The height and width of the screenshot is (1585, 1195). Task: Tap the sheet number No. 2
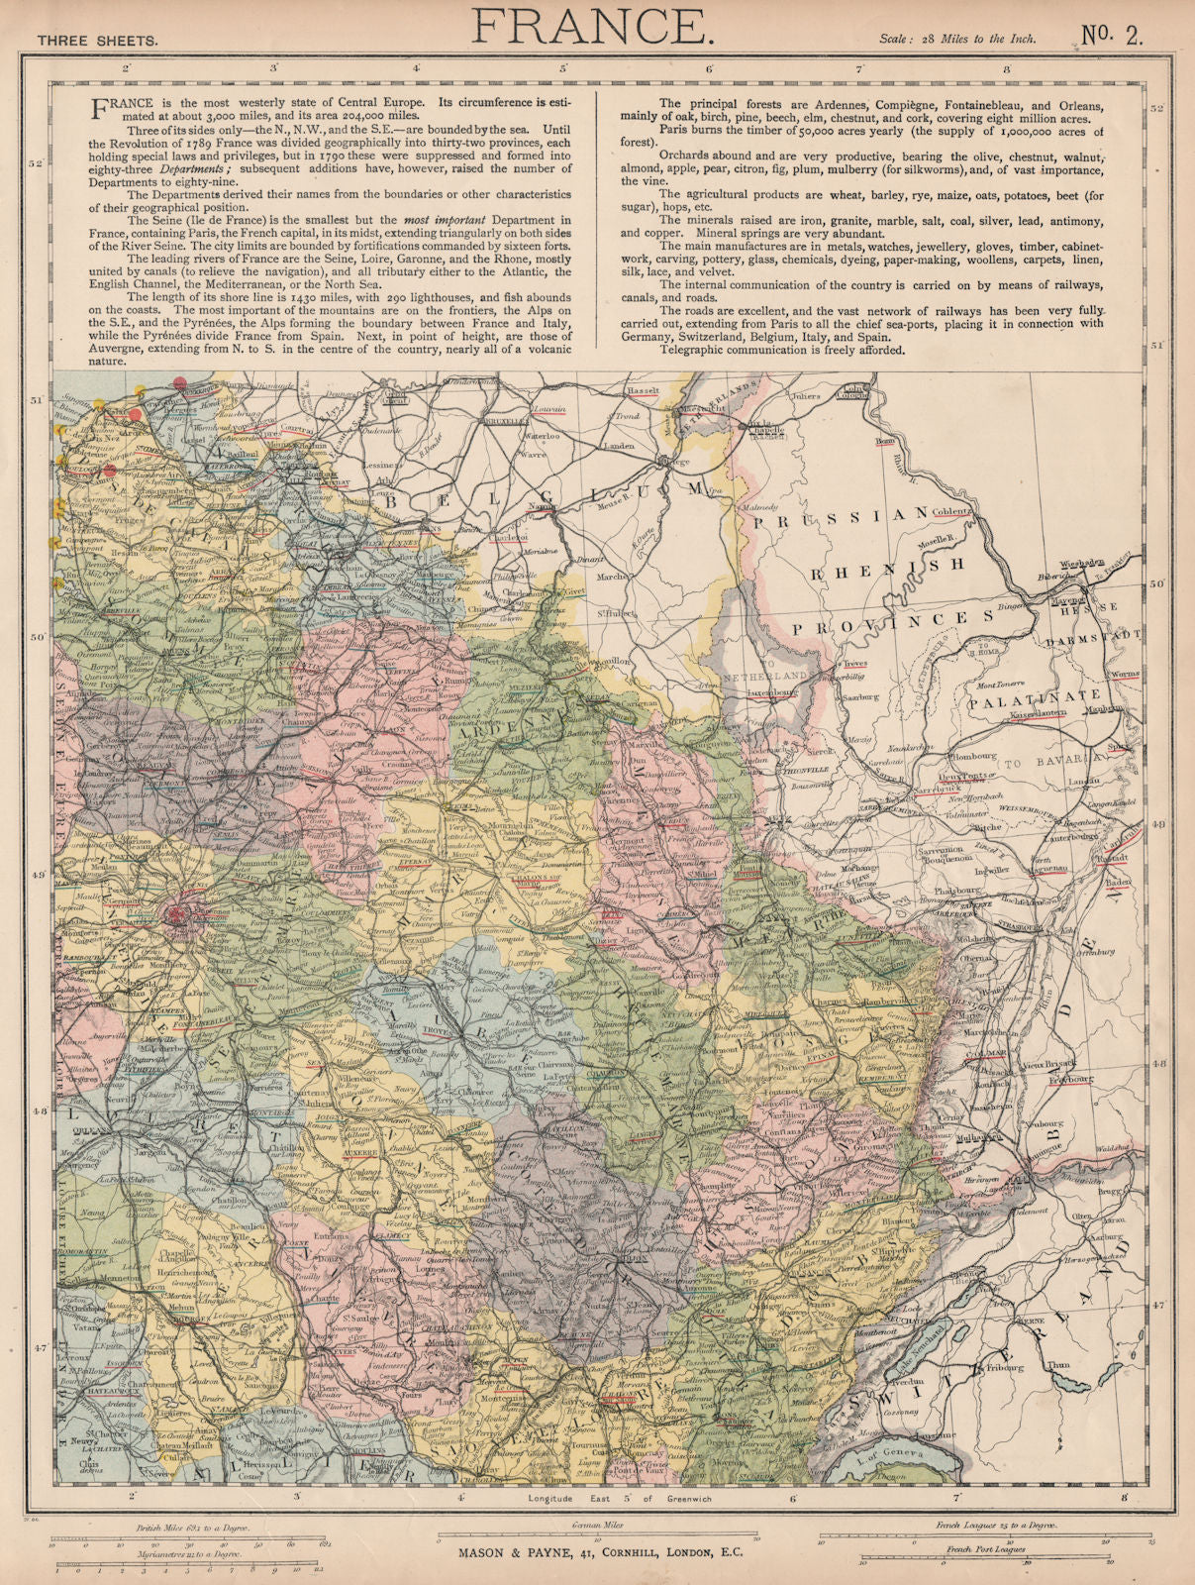(1111, 35)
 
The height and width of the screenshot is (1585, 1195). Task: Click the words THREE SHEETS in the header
(96, 41)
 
